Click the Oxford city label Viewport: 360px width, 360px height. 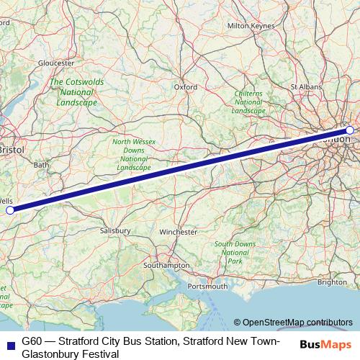(x=185, y=86)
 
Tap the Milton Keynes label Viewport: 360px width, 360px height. (x=251, y=25)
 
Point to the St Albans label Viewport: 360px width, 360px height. (x=305, y=86)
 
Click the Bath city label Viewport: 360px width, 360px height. (x=40, y=165)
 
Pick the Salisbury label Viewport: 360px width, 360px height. (x=115, y=230)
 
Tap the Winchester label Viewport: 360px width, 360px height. (x=178, y=233)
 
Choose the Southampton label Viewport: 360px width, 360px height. (x=166, y=265)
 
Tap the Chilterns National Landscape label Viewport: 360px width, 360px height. (x=249, y=102)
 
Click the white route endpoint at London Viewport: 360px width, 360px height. (x=350, y=130)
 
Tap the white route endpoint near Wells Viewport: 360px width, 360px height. (x=10, y=210)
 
